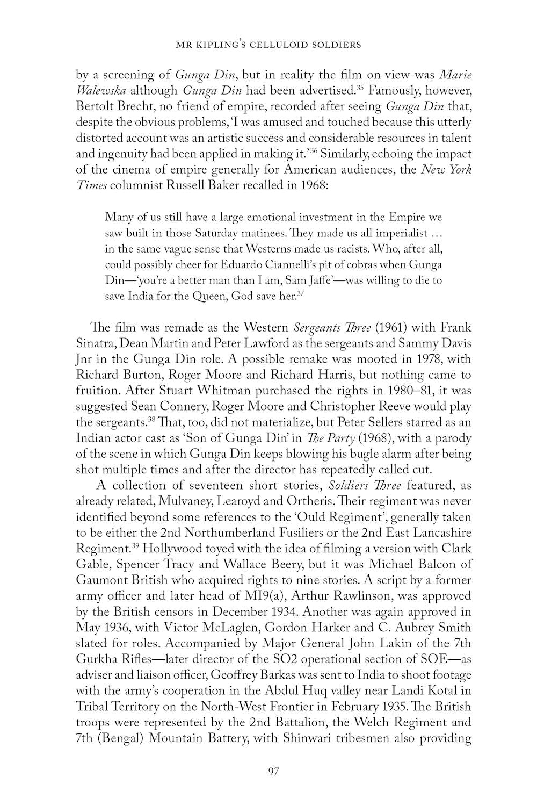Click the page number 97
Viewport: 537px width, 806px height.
click(x=272, y=772)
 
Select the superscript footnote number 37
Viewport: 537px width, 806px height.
click(x=301, y=293)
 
